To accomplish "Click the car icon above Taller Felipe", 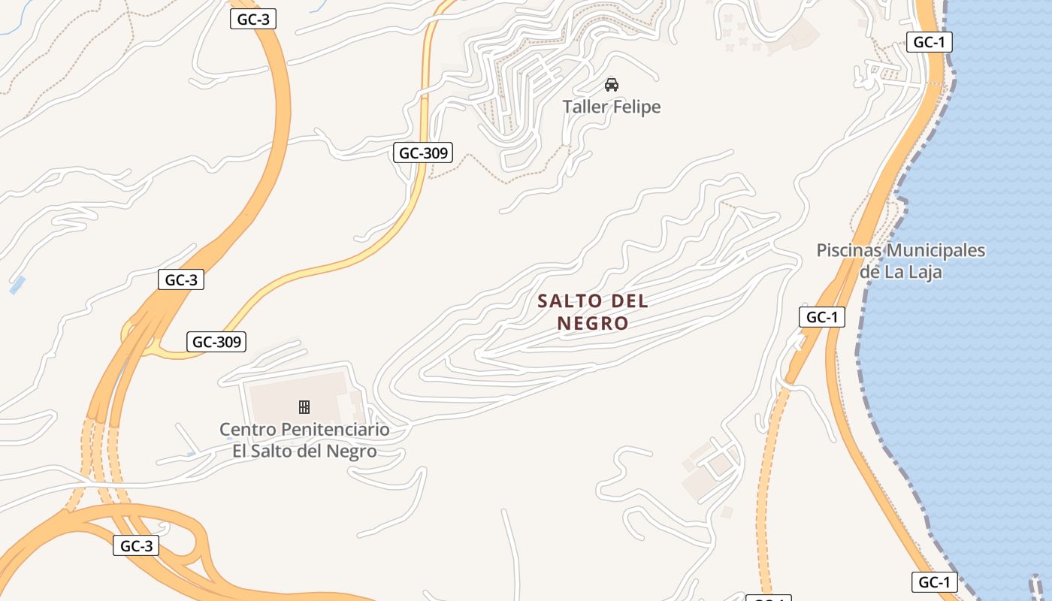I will click(612, 84).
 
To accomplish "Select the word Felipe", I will click(636, 107).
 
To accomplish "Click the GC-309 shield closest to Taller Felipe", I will click(423, 153).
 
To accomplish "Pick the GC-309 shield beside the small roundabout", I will click(216, 342).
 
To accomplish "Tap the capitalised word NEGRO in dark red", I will click(593, 324).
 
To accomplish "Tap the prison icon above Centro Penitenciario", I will click(304, 407).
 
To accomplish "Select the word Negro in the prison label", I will click(352, 452).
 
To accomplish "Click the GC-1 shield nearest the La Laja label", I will click(822, 317).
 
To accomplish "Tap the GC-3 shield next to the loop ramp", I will click(136, 546).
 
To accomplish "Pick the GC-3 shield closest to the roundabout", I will click(181, 280).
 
